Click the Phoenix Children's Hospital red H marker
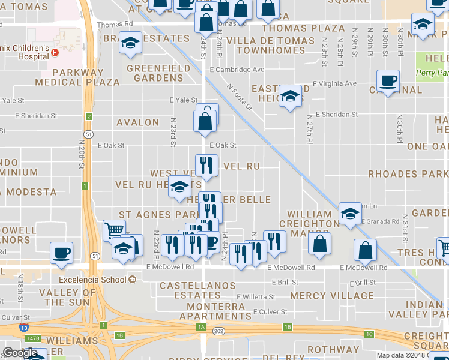click(x=55, y=52)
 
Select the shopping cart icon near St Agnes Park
click(x=115, y=229)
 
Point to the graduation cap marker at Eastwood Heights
click(x=290, y=97)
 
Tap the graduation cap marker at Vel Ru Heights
click(x=179, y=187)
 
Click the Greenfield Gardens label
click(x=158, y=73)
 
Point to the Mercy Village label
click(x=331, y=296)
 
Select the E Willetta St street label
click(x=256, y=296)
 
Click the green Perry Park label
click(x=432, y=73)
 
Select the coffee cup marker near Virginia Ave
click(x=388, y=80)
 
